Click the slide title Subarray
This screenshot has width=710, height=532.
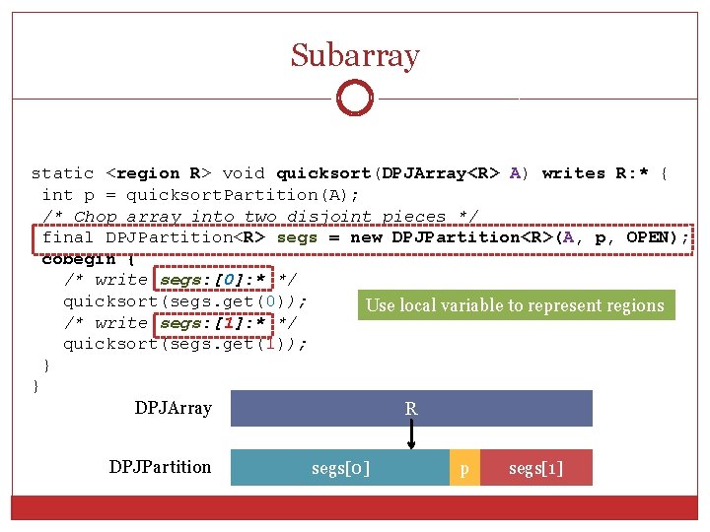coord(355,55)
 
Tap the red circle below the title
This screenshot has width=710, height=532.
coord(354,98)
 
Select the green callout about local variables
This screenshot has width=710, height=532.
coord(515,305)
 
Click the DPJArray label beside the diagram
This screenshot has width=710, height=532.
coord(174,408)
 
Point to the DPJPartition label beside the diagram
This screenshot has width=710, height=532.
coord(161,467)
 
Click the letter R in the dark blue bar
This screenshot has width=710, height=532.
coord(411,408)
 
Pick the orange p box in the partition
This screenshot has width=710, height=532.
coord(464,469)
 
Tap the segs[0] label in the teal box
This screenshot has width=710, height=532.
coord(341,469)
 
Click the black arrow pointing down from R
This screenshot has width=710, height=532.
coord(412,433)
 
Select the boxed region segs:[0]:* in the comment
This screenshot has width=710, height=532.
coord(215,280)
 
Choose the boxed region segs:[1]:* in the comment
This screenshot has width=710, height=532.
coord(215,322)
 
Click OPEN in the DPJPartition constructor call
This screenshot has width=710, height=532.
coord(652,237)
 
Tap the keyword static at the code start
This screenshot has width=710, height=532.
coord(62,173)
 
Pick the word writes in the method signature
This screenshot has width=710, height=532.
coord(574,173)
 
